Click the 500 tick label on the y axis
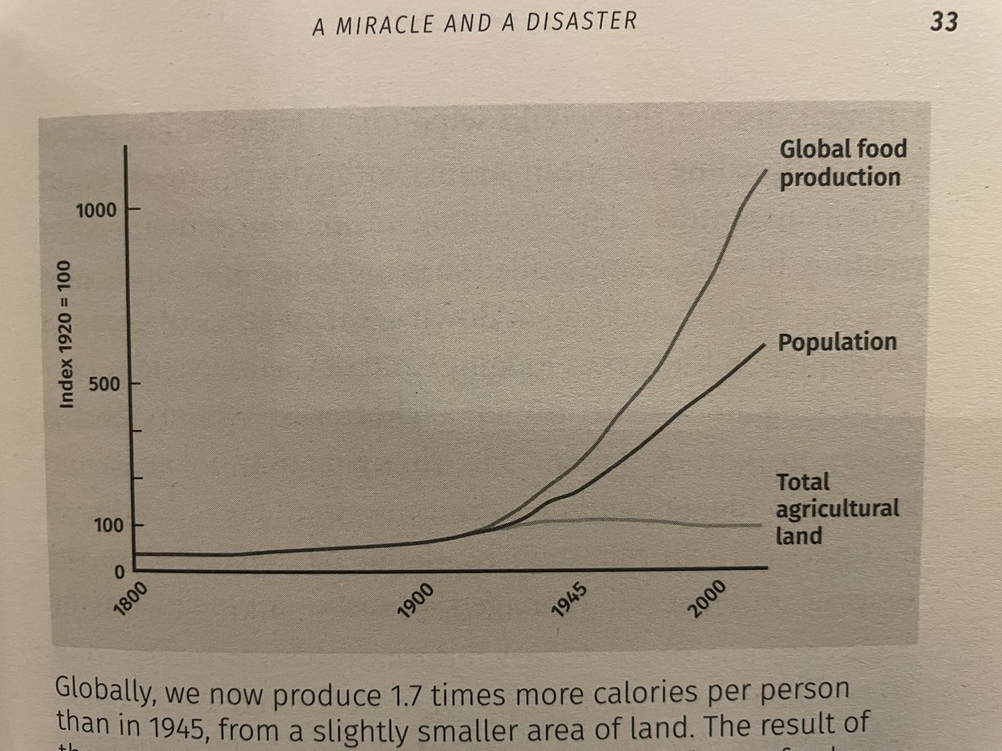(102, 384)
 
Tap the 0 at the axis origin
(116, 572)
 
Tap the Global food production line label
(841, 164)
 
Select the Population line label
(837, 342)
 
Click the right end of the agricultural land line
(761, 525)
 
